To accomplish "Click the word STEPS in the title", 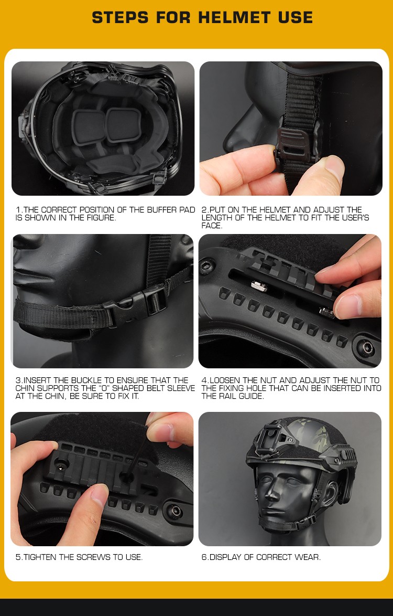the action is point(121,18).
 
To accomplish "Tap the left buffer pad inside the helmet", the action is point(88,124).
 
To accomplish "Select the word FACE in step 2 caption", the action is point(211,226).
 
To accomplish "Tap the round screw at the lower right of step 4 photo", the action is point(367,347).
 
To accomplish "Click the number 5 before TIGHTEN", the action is point(18,557).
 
